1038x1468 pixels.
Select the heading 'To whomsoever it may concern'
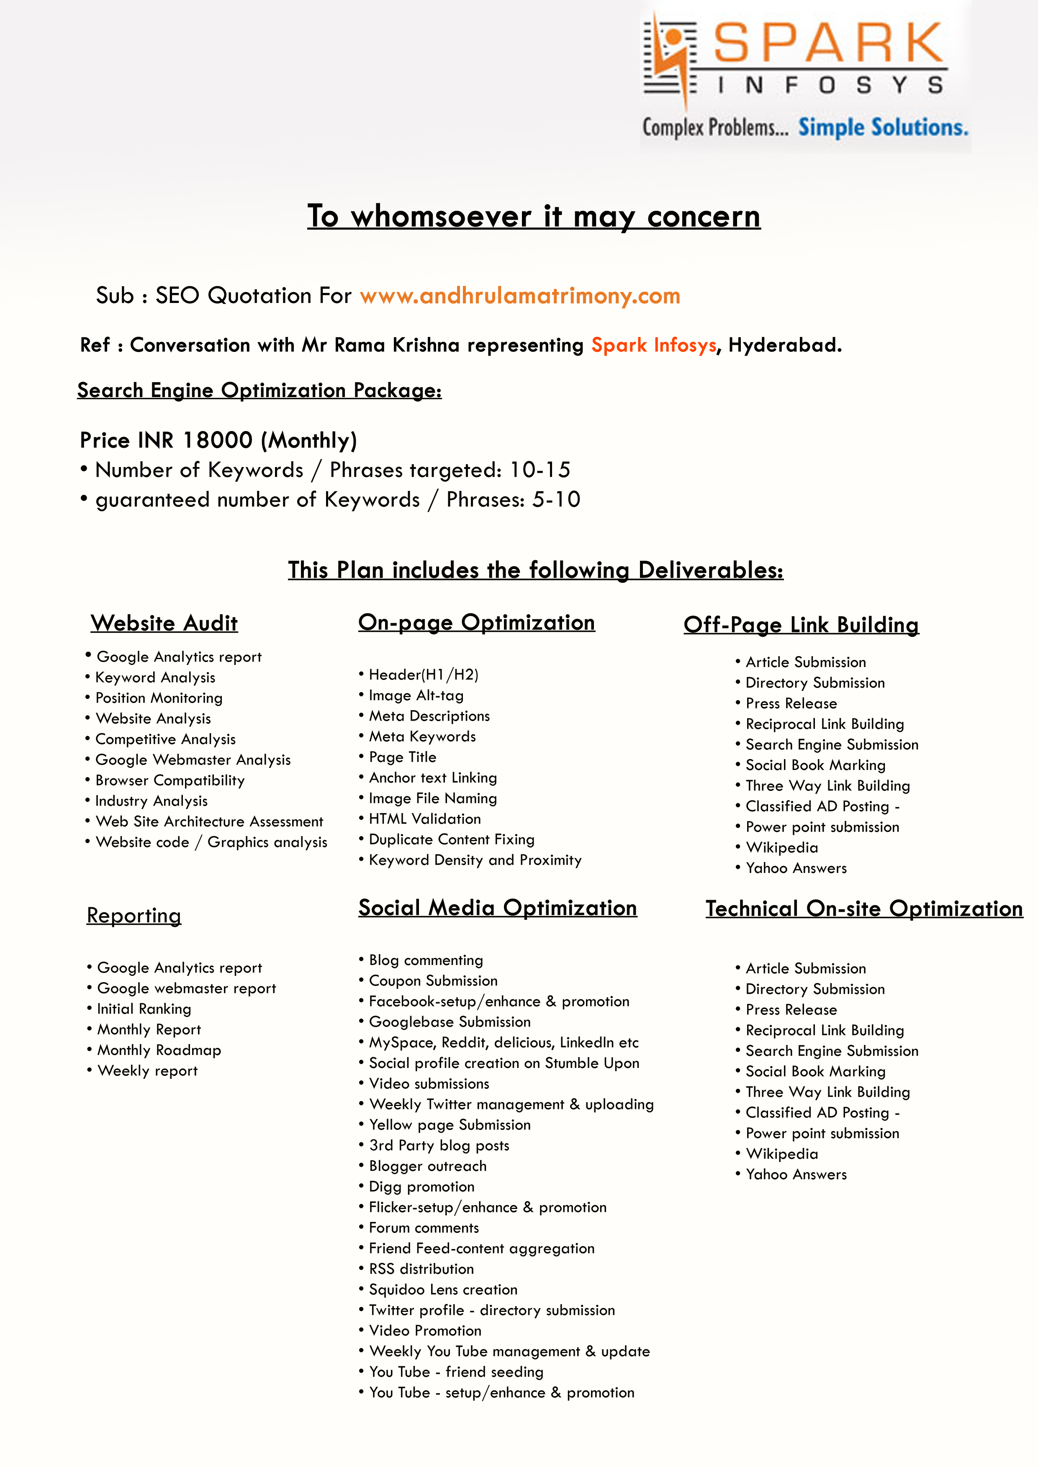pyautogui.click(x=533, y=216)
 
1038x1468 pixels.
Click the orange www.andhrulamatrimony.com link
pyautogui.click(x=520, y=296)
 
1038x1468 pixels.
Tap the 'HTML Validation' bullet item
pyautogui.click(x=425, y=819)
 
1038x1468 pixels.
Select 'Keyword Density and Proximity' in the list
pyautogui.click(x=475, y=860)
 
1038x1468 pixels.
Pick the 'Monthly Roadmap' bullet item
pyautogui.click(x=159, y=1050)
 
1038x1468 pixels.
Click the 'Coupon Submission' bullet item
pyautogui.click(x=433, y=981)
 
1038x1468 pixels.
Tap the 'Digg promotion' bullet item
pyautogui.click(x=421, y=1187)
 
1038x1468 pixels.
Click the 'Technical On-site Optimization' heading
pyautogui.click(x=863, y=909)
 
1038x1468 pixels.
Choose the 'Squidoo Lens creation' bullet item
pyautogui.click(x=442, y=1290)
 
